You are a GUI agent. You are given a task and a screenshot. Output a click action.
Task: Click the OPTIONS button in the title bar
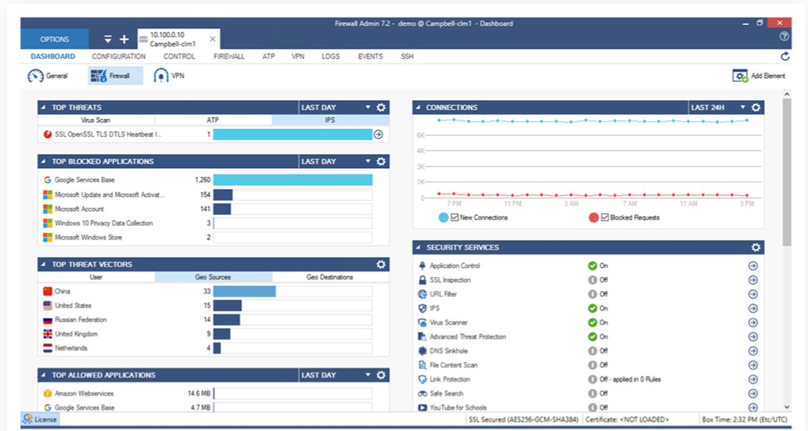(54, 39)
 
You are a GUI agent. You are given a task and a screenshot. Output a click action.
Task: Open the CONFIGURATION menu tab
(119, 56)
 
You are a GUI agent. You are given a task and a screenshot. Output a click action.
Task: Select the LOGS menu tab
(331, 56)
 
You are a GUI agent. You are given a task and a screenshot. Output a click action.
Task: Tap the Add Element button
(759, 76)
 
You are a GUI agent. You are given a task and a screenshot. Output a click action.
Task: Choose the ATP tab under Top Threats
(213, 120)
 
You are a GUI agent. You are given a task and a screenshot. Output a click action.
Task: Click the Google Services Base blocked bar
(293, 180)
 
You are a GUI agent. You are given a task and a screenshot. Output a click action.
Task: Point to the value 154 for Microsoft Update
(205, 194)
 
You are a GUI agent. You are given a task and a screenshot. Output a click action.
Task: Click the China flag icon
(47, 291)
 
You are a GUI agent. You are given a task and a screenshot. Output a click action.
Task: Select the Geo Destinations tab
(330, 277)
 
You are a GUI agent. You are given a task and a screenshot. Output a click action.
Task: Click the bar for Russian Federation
(227, 320)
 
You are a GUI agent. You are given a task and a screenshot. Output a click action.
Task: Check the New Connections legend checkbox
(455, 217)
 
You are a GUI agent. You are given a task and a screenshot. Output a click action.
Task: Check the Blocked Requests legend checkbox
(604, 217)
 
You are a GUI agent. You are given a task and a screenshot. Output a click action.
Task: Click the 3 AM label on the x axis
(570, 204)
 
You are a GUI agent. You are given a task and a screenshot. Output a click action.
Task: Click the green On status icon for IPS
(593, 308)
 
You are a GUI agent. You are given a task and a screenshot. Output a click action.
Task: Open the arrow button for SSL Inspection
(753, 280)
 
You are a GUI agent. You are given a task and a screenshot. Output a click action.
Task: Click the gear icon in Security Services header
(755, 247)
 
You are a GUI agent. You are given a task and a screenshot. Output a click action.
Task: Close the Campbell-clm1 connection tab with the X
(213, 39)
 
